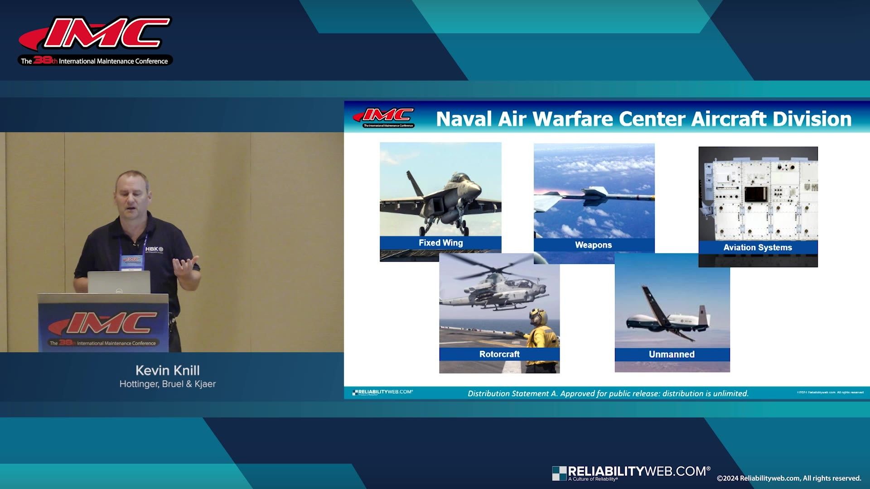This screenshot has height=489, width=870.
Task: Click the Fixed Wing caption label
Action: tap(440, 243)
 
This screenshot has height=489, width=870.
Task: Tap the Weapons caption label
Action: tap(593, 245)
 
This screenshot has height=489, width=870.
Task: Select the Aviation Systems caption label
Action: tap(758, 247)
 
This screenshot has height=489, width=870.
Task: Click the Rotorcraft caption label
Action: tap(499, 354)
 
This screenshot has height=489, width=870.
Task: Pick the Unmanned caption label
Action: tap(672, 354)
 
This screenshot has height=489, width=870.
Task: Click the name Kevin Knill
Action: tap(167, 370)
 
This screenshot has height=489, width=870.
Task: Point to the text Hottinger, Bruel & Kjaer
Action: tap(167, 384)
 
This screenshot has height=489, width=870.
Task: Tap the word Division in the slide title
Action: tap(812, 119)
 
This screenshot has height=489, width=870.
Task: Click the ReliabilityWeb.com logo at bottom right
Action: tap(631, 473)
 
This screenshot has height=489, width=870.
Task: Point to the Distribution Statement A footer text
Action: tap(608, 393)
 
